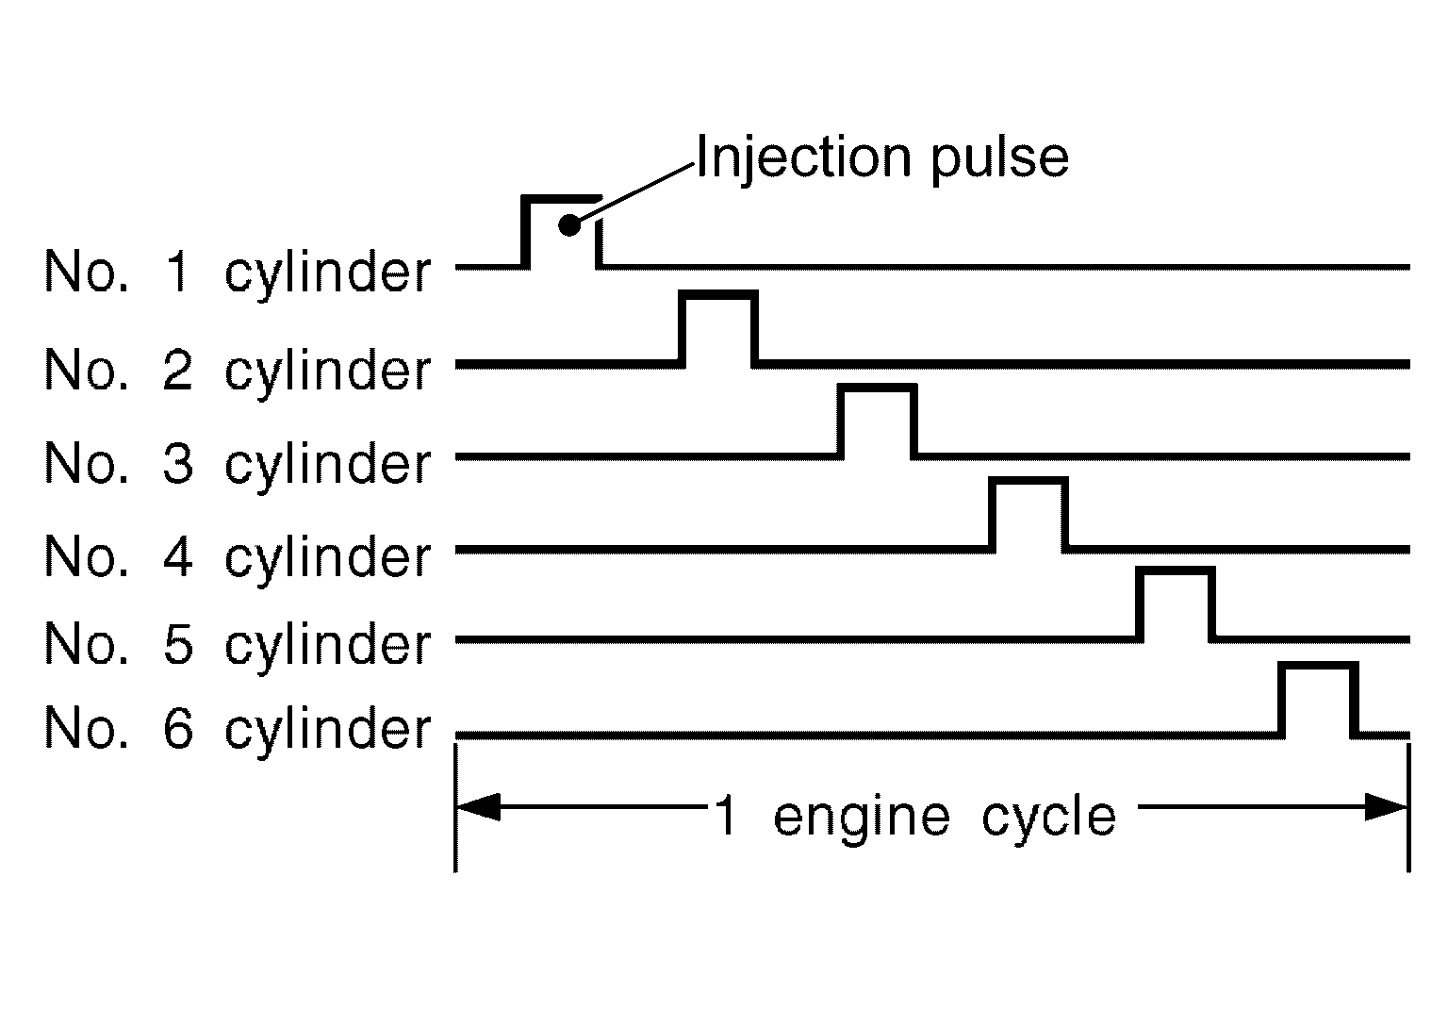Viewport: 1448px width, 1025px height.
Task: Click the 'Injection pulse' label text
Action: coord(881,157)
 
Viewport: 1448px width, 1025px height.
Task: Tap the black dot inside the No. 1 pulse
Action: coord(568,225)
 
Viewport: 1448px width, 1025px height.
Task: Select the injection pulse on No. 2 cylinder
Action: coord(717,325)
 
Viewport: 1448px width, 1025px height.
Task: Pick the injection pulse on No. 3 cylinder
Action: coord(876,419)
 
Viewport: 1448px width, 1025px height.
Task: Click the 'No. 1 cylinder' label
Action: coord(237,273)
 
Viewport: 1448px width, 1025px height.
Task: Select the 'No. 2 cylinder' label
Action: coord(237,370)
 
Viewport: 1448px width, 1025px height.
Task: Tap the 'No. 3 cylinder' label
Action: coord(237,463)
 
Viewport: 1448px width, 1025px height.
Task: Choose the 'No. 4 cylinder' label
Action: coord(237,556)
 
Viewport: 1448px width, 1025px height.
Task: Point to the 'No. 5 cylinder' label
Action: coord(237,644)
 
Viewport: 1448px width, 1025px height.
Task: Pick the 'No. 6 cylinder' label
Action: coord(237,729)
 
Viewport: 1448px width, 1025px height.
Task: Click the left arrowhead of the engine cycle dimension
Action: coord(476,807)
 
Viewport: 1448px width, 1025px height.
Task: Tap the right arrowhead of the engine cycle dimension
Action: coord(1388,807)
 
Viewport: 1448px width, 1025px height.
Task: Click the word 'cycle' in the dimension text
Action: coord(1048,817)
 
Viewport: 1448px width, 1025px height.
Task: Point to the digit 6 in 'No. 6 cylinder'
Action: coord(178,729)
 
